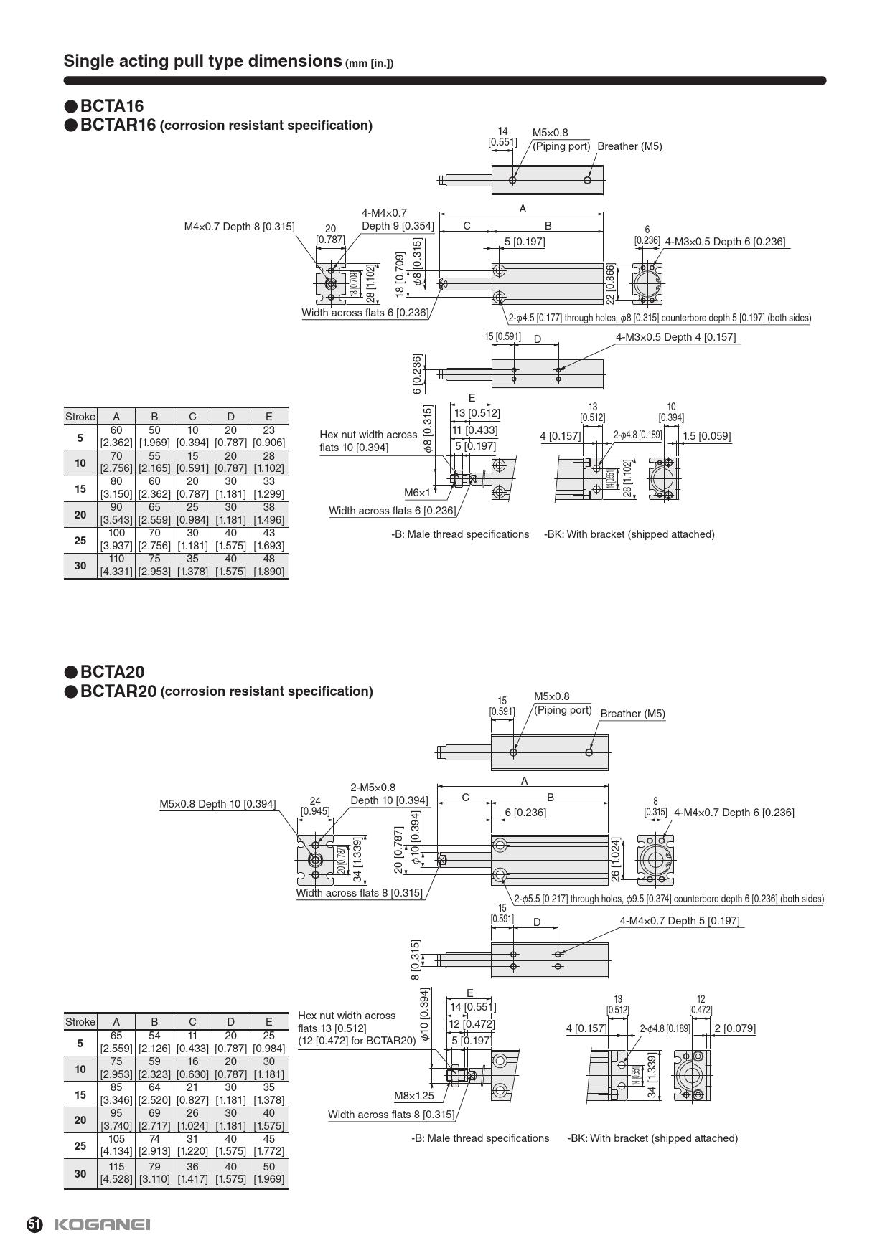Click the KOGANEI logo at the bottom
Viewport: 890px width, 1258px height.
102,1224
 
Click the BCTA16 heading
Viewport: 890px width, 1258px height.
112,107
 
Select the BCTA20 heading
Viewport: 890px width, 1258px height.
112,672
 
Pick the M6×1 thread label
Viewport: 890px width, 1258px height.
417,493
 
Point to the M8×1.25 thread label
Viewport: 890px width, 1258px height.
414,1096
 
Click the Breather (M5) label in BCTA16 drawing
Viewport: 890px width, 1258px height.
629,146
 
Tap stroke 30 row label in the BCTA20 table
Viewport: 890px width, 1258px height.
80,1173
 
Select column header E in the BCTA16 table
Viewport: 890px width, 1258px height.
268,417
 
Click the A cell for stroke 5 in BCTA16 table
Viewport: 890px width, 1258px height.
116,437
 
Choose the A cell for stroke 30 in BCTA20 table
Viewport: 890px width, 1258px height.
116,1173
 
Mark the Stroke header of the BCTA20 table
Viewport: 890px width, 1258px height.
80,1022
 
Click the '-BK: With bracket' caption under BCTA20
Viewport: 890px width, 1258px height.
652,1138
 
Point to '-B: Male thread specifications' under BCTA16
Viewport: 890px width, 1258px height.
460,534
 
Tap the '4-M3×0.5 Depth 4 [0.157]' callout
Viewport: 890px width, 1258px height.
675,337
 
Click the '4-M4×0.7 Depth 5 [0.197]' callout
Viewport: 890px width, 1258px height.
679,921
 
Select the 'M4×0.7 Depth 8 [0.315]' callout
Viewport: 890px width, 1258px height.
239,227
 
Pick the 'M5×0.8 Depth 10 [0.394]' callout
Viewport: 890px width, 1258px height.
217,804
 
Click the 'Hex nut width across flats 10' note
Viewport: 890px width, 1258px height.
367,441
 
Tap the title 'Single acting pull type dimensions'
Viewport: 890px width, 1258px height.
202,61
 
